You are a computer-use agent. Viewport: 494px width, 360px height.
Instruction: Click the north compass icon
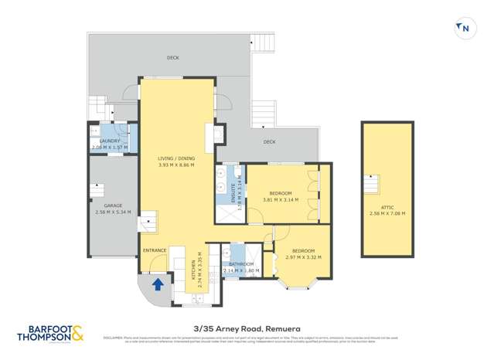coord(464,29)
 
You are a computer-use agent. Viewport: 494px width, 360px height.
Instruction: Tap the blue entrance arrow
coord(158,284)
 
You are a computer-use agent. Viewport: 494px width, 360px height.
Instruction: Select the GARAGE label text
coord(113,205)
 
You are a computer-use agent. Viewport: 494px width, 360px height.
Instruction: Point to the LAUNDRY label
coord(109,141)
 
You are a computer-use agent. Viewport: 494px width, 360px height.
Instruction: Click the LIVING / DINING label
coord(175,158)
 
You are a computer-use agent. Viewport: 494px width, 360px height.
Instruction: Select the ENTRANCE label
coord(155,250)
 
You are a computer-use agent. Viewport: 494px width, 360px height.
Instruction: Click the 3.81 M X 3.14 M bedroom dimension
coord(280,199)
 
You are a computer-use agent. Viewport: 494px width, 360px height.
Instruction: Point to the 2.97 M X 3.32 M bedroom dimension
coord(303,256)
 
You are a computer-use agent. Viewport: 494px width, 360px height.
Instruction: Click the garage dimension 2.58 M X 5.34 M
coord(113,212)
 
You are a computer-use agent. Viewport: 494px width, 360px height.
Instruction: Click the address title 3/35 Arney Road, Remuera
coord(247,327)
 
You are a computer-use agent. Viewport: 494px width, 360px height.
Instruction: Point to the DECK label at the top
coord(173,58)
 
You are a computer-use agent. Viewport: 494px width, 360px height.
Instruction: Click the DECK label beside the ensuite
coord(269,141)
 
